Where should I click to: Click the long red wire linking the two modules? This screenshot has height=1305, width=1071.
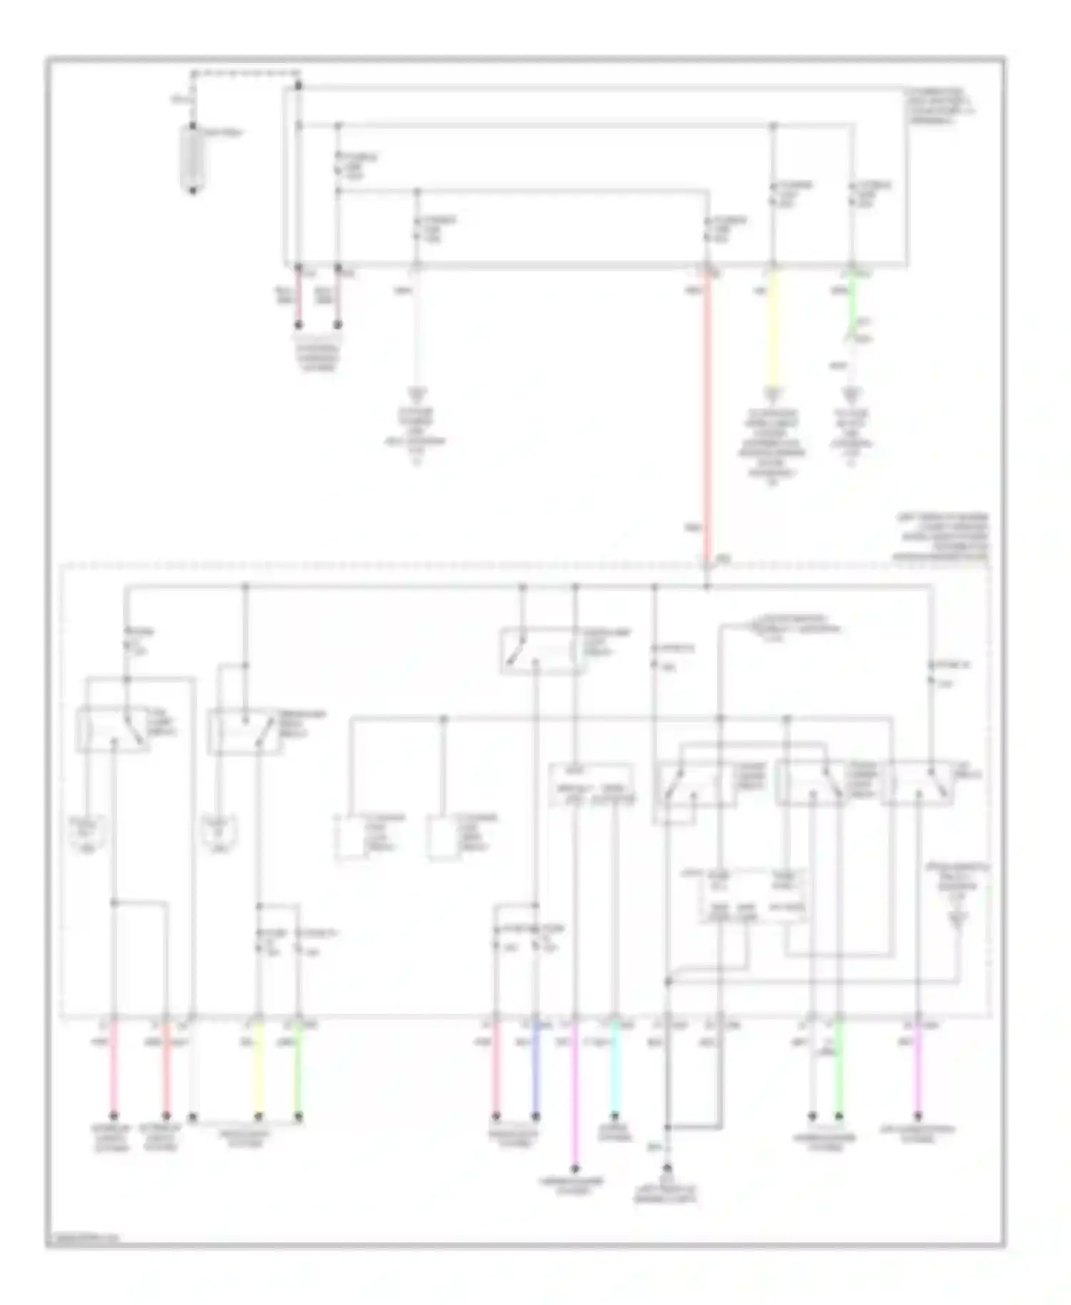coord(707,414)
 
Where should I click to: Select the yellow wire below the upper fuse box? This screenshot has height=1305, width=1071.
coord(773,328)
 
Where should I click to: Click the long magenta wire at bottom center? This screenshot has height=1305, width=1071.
coord(575,1099)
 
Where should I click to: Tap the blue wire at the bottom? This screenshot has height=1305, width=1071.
coord(535,1071)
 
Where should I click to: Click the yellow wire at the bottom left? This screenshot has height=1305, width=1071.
coord(259,1071)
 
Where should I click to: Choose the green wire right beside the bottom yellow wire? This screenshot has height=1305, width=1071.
coord(298,1071)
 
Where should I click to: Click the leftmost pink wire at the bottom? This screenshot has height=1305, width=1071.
coord(114,1071)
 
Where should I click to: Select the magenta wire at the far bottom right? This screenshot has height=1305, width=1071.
coord(918,1071)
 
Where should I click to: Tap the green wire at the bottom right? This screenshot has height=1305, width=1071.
coord(840,1071)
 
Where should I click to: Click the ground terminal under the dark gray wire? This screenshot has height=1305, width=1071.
coord(667,1170)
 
